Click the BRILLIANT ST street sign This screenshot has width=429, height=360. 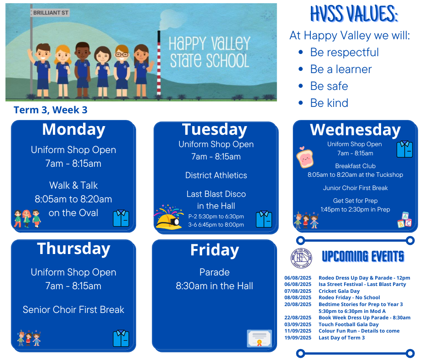coord(50,13)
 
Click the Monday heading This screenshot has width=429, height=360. coord(73,130)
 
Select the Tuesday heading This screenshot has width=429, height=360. coord(215,130)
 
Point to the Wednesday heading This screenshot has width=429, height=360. coord(355,130)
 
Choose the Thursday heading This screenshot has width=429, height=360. coord(73,249)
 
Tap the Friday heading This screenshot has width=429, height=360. coord(215,250)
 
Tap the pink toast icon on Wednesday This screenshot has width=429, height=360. coord(304,157)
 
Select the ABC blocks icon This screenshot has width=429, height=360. coord(405,220)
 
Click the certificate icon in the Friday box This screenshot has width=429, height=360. coord(259,339)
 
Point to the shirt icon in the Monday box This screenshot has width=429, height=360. coord(121,218)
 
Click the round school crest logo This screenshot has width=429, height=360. coord(301,258)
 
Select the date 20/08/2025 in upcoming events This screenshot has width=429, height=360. coord(298,304)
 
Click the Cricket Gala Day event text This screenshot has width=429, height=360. coord(339,291)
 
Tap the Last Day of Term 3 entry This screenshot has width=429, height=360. coord(341,338)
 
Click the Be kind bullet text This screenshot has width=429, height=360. coord(329,103)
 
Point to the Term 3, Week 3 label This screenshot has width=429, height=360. coord(51,110)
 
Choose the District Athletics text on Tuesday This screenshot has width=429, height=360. coord(216,175)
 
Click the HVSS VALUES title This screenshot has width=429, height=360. coord(354,14)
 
